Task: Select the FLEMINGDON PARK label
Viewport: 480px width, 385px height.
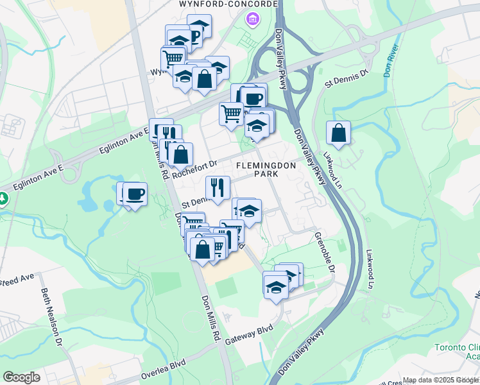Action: (x=265, y=169)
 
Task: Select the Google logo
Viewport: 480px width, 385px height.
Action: (x=21, y=377)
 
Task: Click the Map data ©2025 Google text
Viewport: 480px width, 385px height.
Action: (x=441, y=381)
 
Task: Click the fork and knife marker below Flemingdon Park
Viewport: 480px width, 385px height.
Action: (x=218, y=187)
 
